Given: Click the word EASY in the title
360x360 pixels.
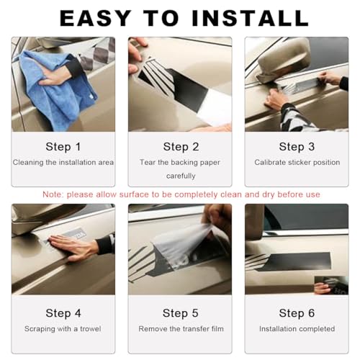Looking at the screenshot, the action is (96, 18).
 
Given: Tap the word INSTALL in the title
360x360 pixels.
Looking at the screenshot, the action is (251, 18).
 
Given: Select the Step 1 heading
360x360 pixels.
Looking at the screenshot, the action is (63, 147).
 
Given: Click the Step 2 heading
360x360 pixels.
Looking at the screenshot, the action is (181, 147).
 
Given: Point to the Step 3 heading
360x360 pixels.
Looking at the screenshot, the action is (297, 147).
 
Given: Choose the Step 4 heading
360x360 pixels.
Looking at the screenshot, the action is (63, 313).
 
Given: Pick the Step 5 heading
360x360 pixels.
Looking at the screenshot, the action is (181, 313).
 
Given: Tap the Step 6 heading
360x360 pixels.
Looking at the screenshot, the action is (297, 313).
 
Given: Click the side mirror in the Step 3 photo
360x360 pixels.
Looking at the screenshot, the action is (283, 60).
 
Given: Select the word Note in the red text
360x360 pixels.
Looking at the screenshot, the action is (52, 194).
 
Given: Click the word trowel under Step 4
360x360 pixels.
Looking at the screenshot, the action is (91, 329).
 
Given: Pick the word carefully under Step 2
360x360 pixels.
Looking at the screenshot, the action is (181, 176).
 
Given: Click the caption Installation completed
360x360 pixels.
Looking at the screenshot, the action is (297, 329).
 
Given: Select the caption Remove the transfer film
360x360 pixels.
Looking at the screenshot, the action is (181, 329).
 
